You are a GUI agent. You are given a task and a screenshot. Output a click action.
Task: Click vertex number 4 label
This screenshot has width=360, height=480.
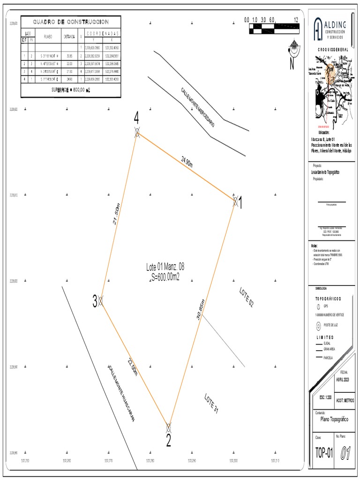tap(136, 118)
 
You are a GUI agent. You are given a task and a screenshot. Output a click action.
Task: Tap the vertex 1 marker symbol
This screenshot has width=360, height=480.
tap(235, 201)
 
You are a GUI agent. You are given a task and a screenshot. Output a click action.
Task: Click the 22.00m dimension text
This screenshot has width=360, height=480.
tap(133, 366)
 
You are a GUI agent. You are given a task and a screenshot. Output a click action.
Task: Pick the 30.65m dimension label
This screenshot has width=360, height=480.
tap(200, 309)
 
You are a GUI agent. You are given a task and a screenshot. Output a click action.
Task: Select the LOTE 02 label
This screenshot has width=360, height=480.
tap(247, 297)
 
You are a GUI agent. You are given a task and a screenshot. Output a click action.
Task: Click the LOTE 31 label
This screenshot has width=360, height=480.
tap(211, 404)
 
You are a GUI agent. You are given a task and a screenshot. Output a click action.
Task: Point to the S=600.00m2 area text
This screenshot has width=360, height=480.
tap(165, 277)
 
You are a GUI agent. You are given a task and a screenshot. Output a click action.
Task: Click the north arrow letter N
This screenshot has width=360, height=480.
tap(292, 64)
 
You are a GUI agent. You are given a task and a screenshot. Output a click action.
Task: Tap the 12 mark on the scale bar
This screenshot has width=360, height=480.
tap(296, 20)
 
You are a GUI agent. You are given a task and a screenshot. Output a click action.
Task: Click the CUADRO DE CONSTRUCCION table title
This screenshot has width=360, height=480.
tap(71, 22)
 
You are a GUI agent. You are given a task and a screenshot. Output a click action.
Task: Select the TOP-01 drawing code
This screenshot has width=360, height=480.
tap(324, 453)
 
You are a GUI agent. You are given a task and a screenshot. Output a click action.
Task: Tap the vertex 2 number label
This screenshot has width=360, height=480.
tap(168, 441)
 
